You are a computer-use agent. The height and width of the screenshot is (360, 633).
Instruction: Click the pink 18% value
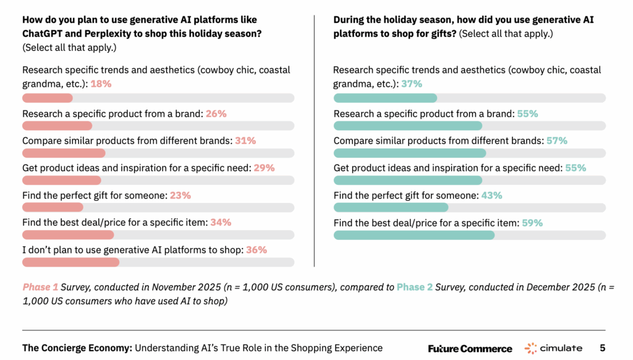[x=101, y=84]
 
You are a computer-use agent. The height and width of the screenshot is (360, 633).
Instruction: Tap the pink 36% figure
[x=257, y=250]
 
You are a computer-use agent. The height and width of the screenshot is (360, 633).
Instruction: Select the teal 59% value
[x=532, y=223]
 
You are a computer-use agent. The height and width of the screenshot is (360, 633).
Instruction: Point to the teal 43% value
[x=492, y=195]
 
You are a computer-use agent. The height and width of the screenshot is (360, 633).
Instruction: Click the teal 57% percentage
[x=556, y=141]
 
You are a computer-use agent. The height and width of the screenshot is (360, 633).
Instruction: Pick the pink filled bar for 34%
[x=68, y=235]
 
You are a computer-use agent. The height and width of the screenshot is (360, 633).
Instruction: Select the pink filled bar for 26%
[x=57, y=126]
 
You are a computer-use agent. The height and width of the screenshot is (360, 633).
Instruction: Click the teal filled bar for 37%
[x=385, y=98]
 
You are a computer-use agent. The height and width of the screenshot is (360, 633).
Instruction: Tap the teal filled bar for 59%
[x=414, y=235]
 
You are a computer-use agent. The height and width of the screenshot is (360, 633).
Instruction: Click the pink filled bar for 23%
[x=53, y=208]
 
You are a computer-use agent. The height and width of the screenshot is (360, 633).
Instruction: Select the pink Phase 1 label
[x=41, y=288]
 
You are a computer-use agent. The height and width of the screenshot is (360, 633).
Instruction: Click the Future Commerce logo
[x=470, y=348]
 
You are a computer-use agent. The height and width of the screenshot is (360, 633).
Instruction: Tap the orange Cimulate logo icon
[x=530, y=348]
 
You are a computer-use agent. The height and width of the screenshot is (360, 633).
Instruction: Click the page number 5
[x=602, y=348]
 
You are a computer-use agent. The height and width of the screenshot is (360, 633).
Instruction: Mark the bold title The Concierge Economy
[x=77, y=348]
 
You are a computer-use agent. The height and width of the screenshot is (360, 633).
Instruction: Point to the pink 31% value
[x=245, y=141]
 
